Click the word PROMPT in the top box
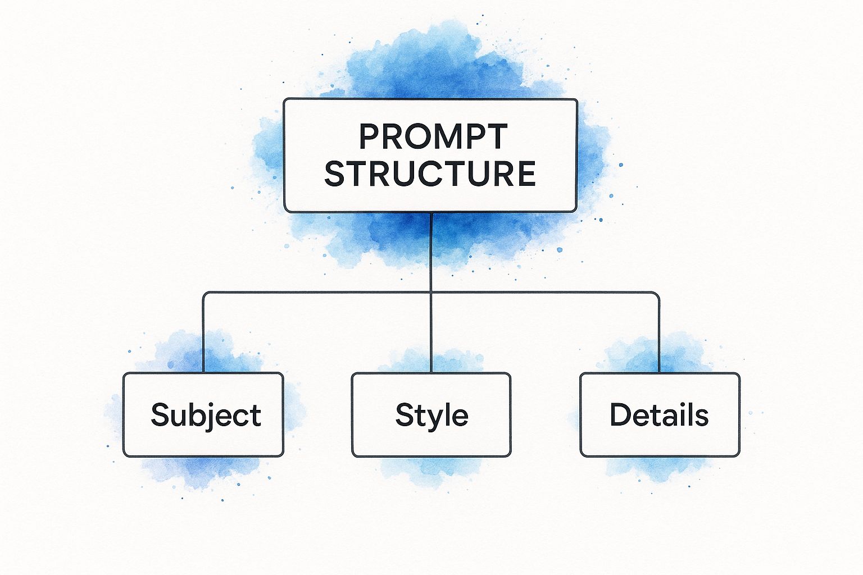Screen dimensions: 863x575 click(433, 136)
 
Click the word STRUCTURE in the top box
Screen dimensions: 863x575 click(430, 174)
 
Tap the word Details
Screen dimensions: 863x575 click(659, 416)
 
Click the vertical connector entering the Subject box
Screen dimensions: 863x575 click(203, 337)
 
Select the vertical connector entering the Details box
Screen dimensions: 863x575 click(658, 337)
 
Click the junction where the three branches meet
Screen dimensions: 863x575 click(431, 293)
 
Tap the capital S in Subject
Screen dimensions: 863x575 click(160, 415)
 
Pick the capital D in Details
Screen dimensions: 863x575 click(620, 414)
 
